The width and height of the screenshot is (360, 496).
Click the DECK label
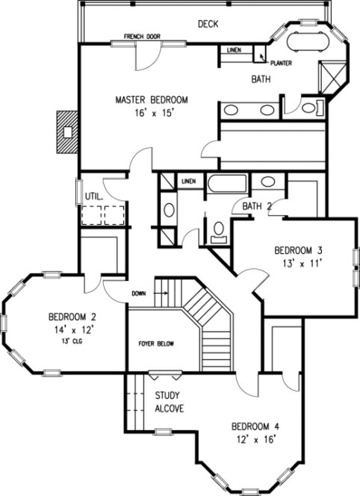(x=208, y=25)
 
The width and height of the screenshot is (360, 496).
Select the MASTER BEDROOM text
(x=151, y=99)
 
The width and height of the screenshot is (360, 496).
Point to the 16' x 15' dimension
(x=151, y=114)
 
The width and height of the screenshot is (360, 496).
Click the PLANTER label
(x=281, y=63)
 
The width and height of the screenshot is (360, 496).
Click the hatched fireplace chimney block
(x=68, y=133)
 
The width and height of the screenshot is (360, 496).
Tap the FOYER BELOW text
(x=156, y=344)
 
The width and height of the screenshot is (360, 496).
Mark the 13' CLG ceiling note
(x=72, y=341)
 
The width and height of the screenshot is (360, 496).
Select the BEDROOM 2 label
(x=72, y=316)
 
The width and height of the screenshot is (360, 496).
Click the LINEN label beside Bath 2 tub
(x=188, y=181)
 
